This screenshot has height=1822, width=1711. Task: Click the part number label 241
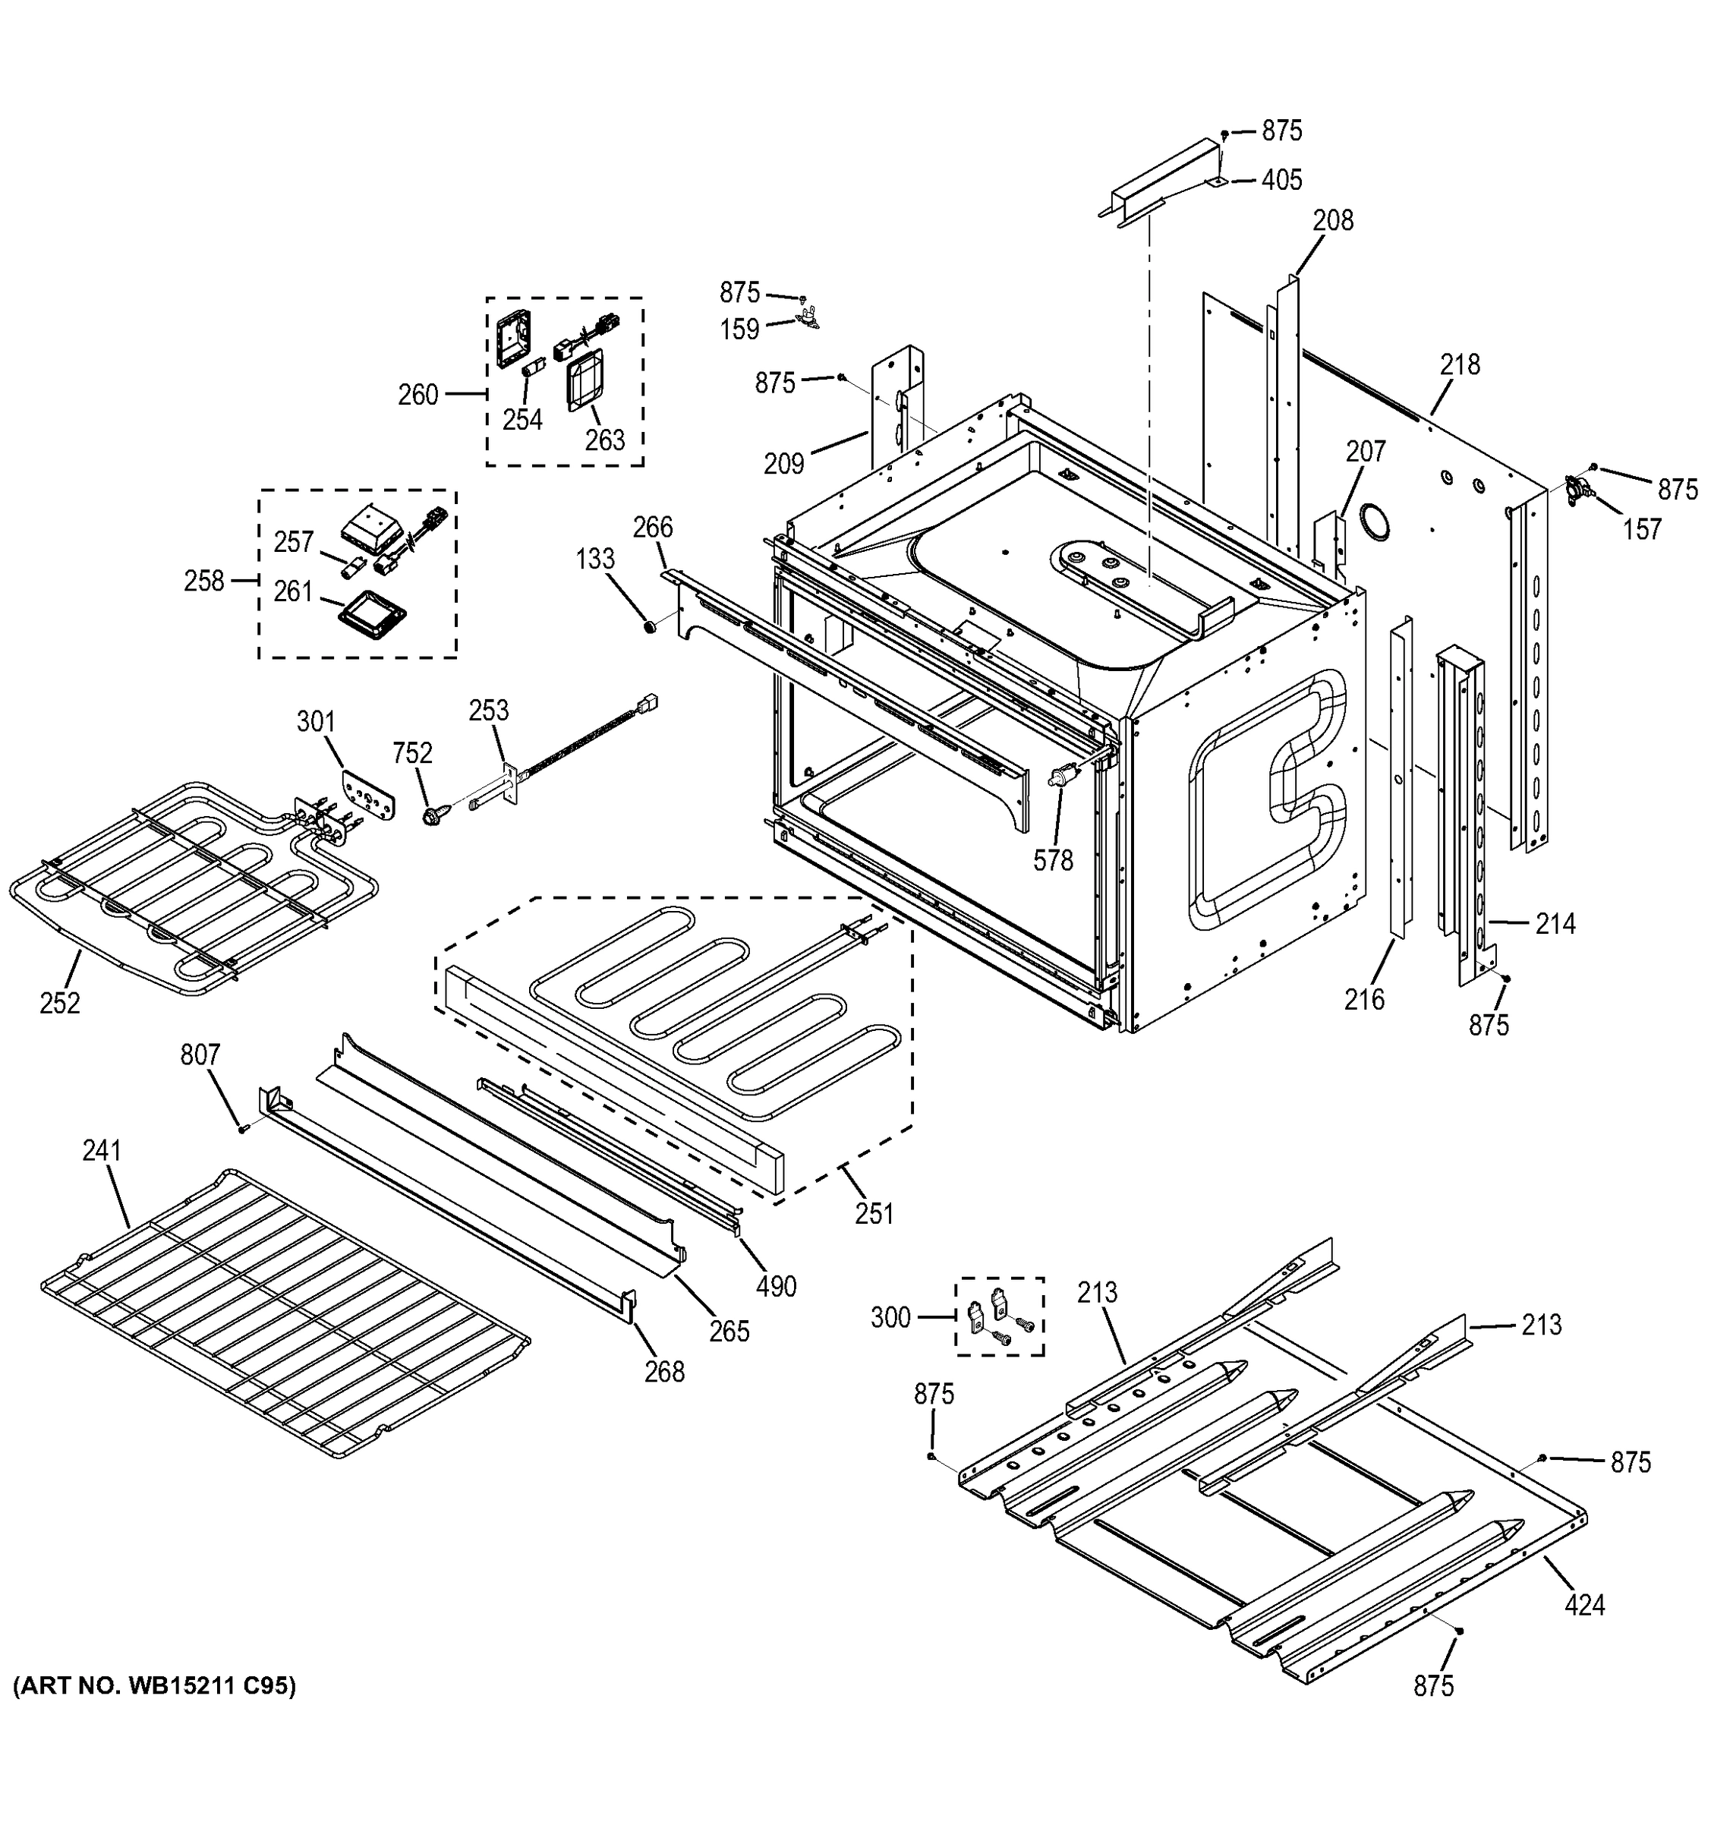point(102,1150)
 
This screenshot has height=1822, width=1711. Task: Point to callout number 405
point(1281,181)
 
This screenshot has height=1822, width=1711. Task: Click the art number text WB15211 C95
point(154,1685)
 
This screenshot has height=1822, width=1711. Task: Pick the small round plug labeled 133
point(649,628)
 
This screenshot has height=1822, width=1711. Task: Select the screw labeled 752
point(433,813)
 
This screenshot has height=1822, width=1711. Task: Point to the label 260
point(418,395)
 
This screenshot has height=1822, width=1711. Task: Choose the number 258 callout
point(203,581)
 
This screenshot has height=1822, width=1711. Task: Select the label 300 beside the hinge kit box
point(890,1317)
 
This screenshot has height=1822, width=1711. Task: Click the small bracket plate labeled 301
point(368,796)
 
